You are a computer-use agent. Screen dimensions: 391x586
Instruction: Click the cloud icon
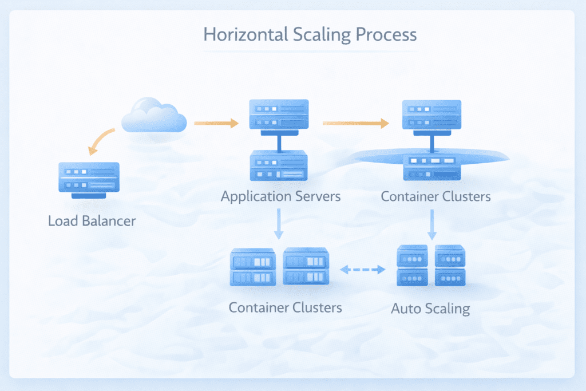pos(155,116)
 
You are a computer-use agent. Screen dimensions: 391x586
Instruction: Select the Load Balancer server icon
pos(89,180)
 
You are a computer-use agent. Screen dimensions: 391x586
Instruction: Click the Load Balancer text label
pos(92,220)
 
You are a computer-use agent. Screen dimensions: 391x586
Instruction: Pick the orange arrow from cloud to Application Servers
pos(216,123)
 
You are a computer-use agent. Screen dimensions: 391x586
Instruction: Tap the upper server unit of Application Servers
pos(279,114)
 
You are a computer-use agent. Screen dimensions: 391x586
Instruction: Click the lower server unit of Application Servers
pos(279,166)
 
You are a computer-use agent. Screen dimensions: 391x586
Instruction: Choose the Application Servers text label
pos(280,196)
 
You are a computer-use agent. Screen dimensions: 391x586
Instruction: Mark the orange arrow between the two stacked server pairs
pos(355,123)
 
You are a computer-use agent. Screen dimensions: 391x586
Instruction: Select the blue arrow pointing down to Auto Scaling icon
pos(432,224)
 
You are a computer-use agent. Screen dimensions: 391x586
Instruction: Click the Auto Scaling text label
pos(430,309)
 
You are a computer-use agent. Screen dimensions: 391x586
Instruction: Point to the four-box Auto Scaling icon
pos(431,266)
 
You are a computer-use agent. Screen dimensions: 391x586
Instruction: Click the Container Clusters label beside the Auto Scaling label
pos(285,307)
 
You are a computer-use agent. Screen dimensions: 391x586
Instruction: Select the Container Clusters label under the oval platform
pos(435,196)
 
